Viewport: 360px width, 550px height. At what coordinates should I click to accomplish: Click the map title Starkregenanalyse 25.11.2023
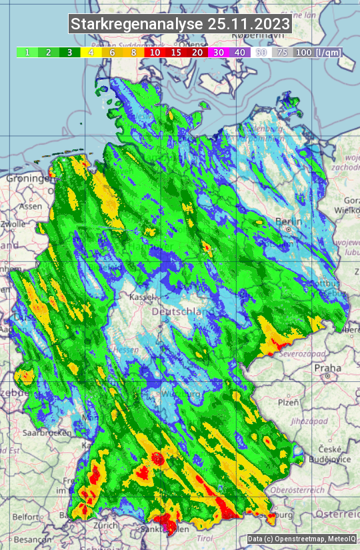click(180, 25)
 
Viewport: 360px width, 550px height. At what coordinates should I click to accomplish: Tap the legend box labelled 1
click(27, 52)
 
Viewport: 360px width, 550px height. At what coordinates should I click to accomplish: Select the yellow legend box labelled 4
click(91, 52)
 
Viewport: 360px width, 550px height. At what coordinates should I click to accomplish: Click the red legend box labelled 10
click(155, 52)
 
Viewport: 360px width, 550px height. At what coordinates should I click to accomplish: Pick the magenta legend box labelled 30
click(219, 52)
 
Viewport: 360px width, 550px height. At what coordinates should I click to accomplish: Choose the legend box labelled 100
click(303, 52)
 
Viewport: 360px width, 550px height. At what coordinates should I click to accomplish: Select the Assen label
click(30, 207)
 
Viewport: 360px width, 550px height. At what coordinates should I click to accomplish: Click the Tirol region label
click(205, 537)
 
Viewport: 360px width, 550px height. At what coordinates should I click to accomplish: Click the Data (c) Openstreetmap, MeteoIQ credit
click(301, 539)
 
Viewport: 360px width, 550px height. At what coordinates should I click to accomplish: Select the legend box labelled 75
click(283, 52)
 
